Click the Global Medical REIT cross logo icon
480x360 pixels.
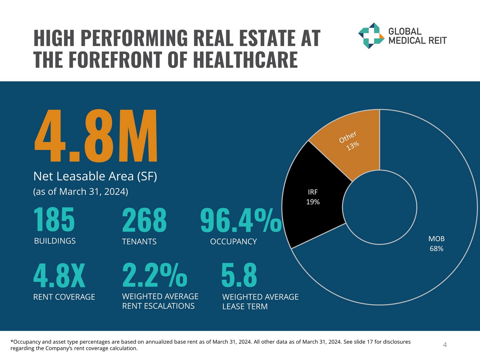pos(371,36)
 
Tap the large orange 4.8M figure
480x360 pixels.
pos(96,136)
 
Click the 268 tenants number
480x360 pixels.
pos(144,220)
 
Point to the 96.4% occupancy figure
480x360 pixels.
pos(241,220)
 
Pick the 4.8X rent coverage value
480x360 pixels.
pos(60,276)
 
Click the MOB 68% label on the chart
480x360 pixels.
pos(436,244)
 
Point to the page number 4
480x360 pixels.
pos(445,345)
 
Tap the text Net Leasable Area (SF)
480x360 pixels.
pos(95,176)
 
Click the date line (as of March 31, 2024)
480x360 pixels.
pos(81,191)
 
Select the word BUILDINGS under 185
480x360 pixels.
pos(55,241)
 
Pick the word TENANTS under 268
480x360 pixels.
pos(139,241)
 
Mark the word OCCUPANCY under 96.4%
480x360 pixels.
pos(233,241)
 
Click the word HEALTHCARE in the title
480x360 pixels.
pos(245,60)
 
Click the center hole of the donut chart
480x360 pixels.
pos(380,207)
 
